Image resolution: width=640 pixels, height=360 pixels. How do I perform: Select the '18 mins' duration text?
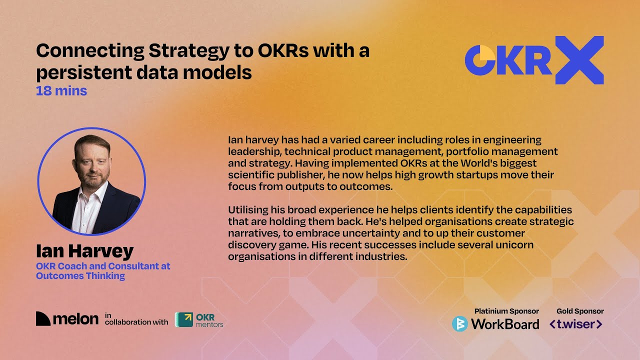pyautogui.click(x=61, y=91)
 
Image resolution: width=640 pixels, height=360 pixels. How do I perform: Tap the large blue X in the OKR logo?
pyautogui.click(x=579, y=60)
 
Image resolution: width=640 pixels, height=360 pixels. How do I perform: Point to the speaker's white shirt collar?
pyautogui.click(x=95, y=192)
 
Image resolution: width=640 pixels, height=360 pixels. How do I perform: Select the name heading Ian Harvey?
pyautogui.click(x=84, y=251)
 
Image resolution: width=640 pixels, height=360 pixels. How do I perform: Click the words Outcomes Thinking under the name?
pyautogui.click(x=80, y=275)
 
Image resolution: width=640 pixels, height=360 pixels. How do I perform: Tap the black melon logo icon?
pyautogui.click(x=43, y=319)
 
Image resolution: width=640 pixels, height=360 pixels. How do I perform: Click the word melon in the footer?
pyautogui.click(x=75, y=319)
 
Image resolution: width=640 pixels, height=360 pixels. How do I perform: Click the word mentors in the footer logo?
pyautogui.click(x=209, y=324)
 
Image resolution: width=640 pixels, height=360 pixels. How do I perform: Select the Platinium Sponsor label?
pyautogui.click(x=506, y=311)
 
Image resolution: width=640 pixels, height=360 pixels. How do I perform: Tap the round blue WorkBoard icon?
pyautogui.click(x=459, y=324)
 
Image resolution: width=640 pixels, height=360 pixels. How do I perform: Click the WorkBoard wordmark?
pyautogui.click(x=505, y=324)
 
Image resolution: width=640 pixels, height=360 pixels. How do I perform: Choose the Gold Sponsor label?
pyautogui.click(x=580, y=311)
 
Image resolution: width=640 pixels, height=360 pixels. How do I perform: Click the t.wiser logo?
pyautogui.click(x=576, y=324)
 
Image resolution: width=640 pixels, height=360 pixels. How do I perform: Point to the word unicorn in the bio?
pyautogui.click(x=513, y=245)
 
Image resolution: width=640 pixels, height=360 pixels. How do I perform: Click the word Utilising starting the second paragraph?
pyautogui.click(x=245, y=209)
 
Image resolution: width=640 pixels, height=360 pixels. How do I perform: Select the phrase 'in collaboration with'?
pyautogui.click(x=136, y=319)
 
